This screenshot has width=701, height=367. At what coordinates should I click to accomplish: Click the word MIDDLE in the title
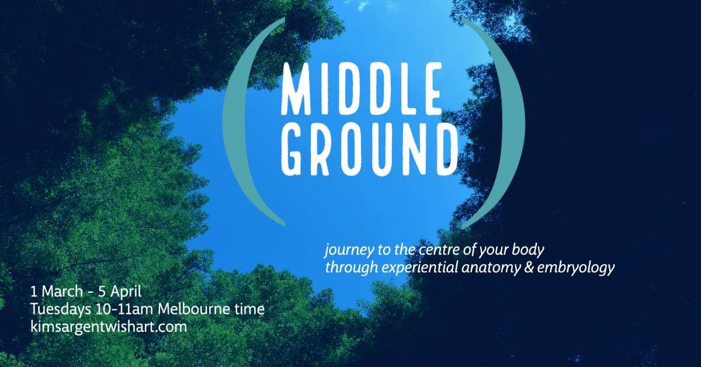point(362,89)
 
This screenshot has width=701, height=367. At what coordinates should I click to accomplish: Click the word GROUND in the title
point(370,150)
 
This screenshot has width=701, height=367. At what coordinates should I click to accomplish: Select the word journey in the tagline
point(349,251)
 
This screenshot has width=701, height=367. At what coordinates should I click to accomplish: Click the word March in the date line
point(63,292)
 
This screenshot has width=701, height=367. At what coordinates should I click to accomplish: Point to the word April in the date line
point(126,292)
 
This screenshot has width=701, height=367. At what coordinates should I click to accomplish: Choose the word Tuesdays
point(61,309)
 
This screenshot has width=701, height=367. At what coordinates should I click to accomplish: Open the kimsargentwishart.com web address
point(109,327)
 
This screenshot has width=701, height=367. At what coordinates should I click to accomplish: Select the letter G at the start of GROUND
point(291,150)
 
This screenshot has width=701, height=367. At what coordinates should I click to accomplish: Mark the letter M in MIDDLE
point(296,89)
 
